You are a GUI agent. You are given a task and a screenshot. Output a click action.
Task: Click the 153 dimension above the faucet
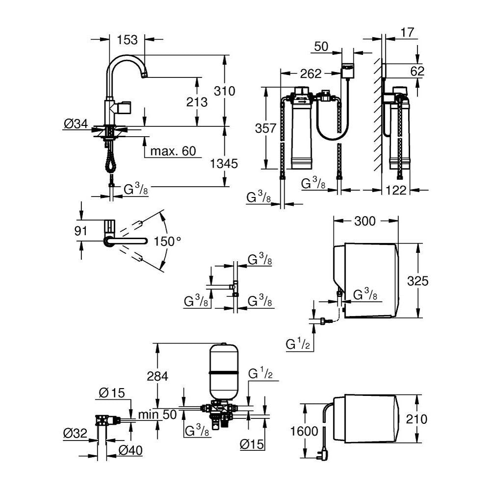[x=127, y=40]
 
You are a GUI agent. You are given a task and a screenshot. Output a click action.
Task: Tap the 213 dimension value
[x=197, y=102]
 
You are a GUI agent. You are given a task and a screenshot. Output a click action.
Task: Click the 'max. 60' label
[x=172, y=151]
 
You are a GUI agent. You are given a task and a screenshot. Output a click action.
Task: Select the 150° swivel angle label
[x=168, y=241]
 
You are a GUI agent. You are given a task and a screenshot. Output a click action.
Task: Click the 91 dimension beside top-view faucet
[x=80, y=231]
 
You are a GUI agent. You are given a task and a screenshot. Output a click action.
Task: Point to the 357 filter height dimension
[x=265, y=128]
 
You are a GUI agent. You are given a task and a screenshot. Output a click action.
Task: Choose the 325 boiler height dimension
[x=418, y=281]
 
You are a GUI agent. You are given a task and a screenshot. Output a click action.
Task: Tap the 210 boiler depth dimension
[x=417, y=419]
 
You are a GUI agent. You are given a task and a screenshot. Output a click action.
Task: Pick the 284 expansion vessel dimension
[x=157, y=376]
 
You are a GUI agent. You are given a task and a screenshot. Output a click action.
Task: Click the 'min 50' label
[x=156, y=414]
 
